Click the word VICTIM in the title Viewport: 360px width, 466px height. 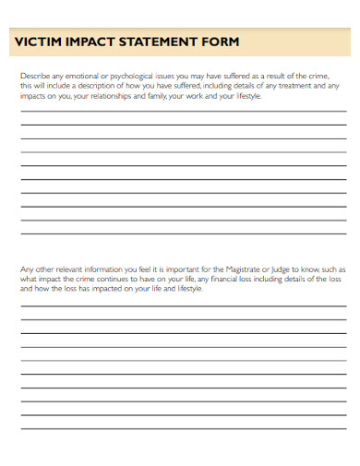39,42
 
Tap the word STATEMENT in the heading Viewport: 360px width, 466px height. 158,42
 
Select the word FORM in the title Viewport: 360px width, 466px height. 222,42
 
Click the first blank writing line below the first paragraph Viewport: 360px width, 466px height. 183,112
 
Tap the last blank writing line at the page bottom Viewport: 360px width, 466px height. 183,430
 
